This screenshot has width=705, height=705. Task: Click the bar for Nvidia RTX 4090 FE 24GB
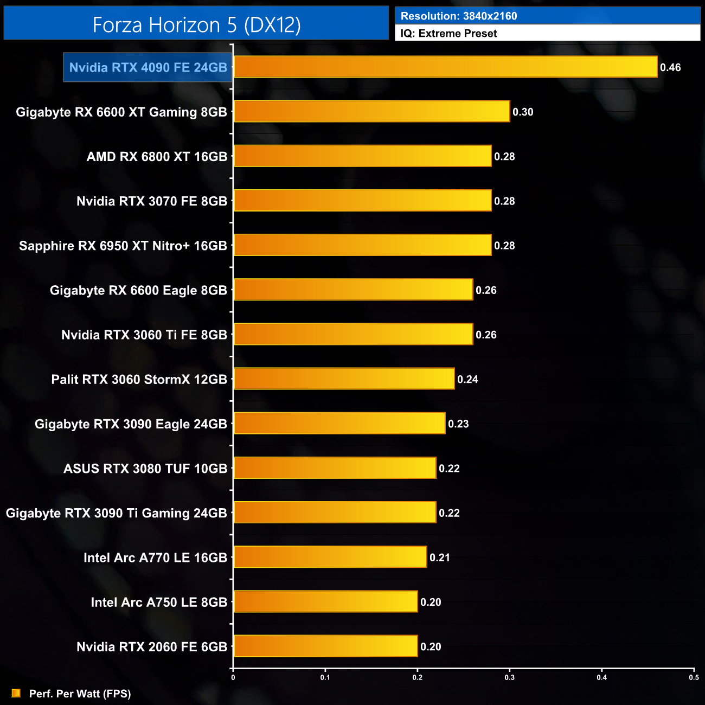click(445, 67)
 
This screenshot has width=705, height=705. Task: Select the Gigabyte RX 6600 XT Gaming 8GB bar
click(371, 111)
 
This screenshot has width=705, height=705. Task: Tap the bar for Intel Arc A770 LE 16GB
click(330, 557)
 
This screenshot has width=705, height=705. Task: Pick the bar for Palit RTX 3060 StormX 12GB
click(344, 379)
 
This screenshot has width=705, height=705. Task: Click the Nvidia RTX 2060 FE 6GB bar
click(325, 646)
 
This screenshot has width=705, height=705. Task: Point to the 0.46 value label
click(670, 68)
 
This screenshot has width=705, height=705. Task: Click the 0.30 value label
click(523, 112)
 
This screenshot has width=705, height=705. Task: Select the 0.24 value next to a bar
click(467, 380)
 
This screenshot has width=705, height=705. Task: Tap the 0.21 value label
click(440, 557)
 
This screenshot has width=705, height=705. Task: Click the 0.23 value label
click(458, 424)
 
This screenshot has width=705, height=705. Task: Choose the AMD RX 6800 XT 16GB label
click(157, 157)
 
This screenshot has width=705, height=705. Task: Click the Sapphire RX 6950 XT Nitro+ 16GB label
click(123, 246)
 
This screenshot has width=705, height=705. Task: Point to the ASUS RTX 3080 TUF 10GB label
click(145, 469)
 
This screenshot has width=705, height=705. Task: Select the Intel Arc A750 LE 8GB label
click(159, 602)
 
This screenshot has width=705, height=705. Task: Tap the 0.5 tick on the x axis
click(694, 677)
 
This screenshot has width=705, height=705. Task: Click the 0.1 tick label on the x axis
click(325, 677)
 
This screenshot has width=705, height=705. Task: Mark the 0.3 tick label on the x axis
click(510, 677)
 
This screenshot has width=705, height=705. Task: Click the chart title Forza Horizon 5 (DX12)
click(196, 25)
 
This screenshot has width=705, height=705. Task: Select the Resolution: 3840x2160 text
click(459, 16)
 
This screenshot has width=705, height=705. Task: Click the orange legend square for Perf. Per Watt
click(16, 693)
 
